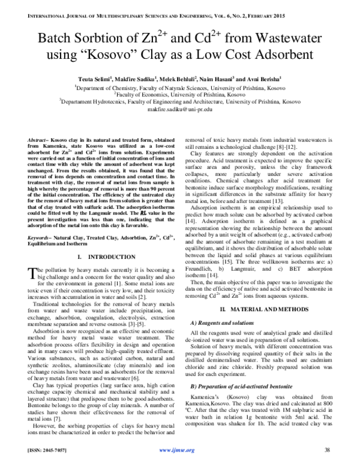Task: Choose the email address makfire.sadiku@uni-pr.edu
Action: [179, 110]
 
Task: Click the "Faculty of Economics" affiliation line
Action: [180, 94]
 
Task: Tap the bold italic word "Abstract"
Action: [28, 137]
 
